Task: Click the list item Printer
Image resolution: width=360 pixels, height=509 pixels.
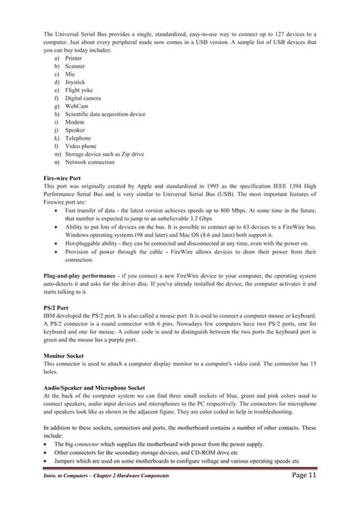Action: [x=74, y=57]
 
